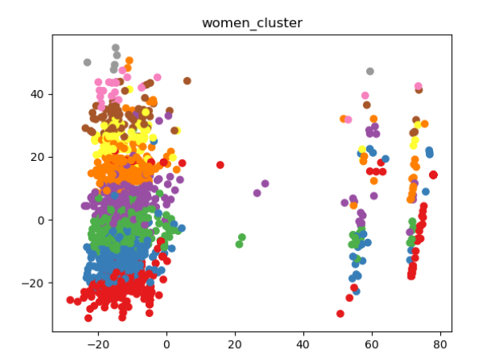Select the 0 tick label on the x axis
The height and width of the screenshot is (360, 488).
pos(166,345)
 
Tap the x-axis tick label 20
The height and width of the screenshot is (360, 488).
pos(235,345)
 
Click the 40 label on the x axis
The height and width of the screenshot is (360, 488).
pos(303,345)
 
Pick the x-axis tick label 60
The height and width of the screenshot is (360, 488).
pos(371,345)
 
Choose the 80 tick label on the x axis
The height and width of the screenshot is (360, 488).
pos(439,345)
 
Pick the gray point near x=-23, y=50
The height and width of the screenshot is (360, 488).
pos(88,62)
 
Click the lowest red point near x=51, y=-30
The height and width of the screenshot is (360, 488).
pos(340,314)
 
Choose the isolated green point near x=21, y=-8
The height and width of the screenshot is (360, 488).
pos(239,245)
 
